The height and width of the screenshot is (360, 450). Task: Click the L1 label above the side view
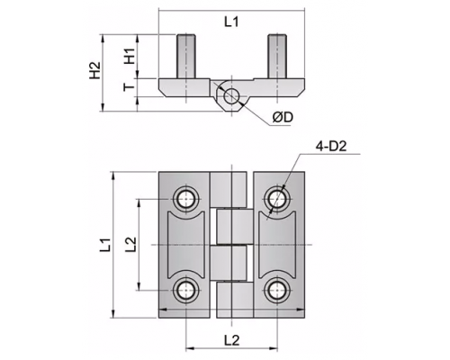tap(231, 22)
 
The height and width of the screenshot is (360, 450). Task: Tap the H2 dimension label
tap(95, 71)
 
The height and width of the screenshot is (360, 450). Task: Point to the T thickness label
tap(130, 87)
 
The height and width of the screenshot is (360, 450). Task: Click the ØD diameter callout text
tap(283, 118)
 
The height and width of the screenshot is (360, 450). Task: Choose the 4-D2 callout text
tap(331, 147)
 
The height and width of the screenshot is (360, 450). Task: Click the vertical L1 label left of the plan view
tap(106, 245)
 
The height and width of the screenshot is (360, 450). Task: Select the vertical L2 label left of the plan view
tap(130, 245)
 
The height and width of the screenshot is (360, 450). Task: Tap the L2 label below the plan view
tap(232, 340)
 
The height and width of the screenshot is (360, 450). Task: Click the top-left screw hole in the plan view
tap(186, 199)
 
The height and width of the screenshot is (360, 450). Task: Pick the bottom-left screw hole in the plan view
tap(186, 290)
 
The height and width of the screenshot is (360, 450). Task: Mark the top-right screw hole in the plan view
tap(277, 199)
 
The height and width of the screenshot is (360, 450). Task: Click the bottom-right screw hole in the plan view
tap(277, 290)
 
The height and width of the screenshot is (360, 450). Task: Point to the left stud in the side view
tap(186, 57)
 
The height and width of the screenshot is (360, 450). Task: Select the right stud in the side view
tap(277, 57)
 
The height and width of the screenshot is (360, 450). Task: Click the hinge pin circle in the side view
tap(231, 96)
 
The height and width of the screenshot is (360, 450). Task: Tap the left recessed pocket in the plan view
tap(186, 245)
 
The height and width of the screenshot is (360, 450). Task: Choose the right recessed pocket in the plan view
tap(277, 245)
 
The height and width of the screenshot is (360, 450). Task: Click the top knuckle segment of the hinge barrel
tap(228, 189)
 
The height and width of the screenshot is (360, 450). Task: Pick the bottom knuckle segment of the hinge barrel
tap(235, 301)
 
